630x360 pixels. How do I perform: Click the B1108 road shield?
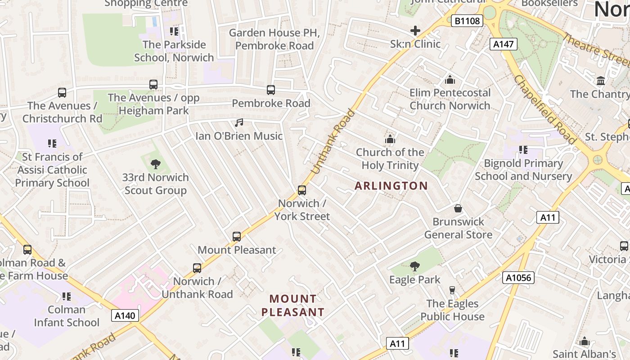[468, 20]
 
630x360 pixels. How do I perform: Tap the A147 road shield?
[504, 44]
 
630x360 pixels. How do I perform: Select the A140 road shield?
[125, 315]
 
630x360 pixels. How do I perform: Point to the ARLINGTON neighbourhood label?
[391, 185]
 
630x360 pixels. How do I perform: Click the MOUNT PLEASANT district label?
[293, 306]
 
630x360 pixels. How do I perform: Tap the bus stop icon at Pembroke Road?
[271, 90]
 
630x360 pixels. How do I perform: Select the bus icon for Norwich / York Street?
[302, 190]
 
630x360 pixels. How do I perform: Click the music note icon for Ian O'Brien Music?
[239, 122]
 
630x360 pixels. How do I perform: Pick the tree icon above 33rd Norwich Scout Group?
[156, 164]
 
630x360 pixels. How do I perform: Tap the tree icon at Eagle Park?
[415, 266]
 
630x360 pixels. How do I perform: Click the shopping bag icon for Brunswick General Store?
[458, 208]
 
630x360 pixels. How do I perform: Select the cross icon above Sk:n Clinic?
[415, 31]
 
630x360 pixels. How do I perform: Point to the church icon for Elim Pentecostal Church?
[450, 80]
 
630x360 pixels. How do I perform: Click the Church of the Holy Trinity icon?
[390, 139]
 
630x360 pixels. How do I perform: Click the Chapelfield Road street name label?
[544, 110]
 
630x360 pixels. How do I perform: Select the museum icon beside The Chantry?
[601, 81]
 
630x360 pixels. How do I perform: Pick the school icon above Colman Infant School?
[67, 297]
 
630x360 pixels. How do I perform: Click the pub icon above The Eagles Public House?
[452, 290]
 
